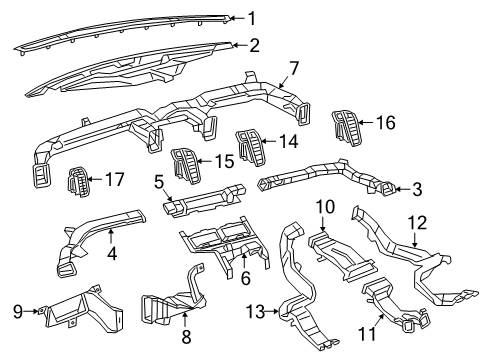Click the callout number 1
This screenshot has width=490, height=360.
tap(252, 17)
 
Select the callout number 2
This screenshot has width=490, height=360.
tap(254, 45)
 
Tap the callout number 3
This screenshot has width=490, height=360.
tap(415, 189)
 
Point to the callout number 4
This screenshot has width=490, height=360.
tap(113, 254)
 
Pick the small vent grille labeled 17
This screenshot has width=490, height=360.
tap(78, 183)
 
